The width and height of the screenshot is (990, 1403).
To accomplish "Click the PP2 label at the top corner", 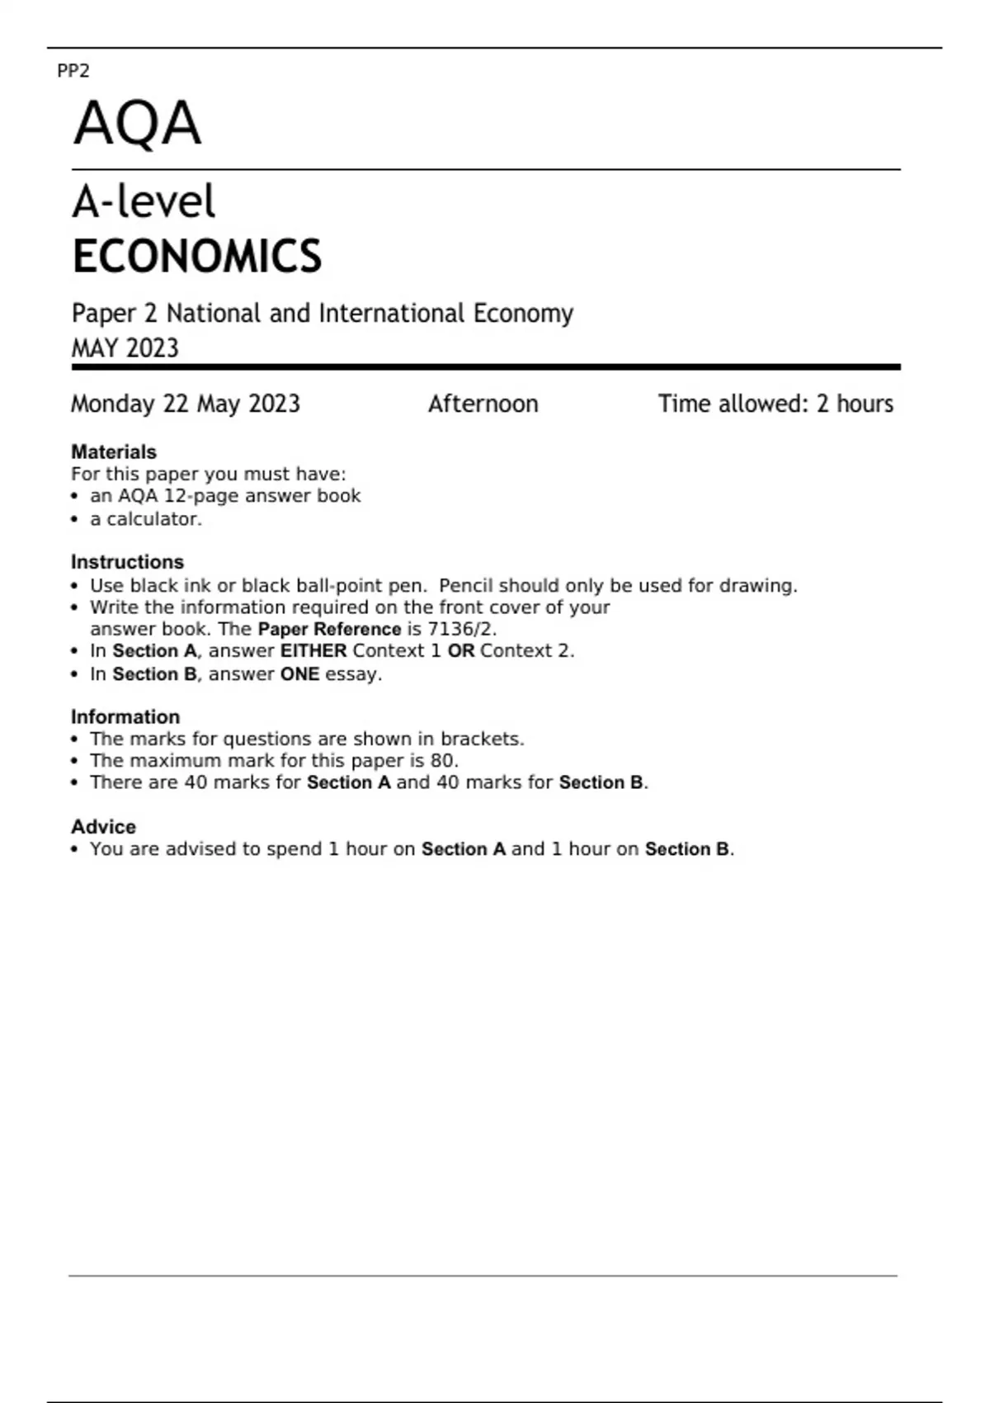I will coord(73,71).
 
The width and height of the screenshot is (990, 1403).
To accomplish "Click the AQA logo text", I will coord(137,123).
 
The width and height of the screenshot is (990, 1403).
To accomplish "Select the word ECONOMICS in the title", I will coord(196,256).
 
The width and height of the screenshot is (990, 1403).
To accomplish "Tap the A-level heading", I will coord(144,201).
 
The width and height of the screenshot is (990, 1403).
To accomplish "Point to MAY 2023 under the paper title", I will coord(125,348).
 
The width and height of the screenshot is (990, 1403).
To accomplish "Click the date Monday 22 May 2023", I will coord(186,404).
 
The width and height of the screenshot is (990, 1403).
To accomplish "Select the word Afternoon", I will coord(483,404).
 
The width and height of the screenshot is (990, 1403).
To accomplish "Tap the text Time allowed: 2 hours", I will coord(775,404).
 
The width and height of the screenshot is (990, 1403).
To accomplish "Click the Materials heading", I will coord(113,451).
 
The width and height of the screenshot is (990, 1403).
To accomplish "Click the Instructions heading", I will coord(127,562).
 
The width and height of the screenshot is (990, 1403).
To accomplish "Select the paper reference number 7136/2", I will coord(460,629).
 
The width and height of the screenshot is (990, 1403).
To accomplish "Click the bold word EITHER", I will coord(313,650).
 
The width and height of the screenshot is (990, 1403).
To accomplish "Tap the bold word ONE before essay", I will coord(299,674).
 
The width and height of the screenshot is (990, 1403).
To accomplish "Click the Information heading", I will coord(125,716).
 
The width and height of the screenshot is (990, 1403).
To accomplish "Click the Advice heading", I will coord(103,826).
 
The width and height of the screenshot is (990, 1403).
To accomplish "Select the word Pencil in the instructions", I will coord(465,585).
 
